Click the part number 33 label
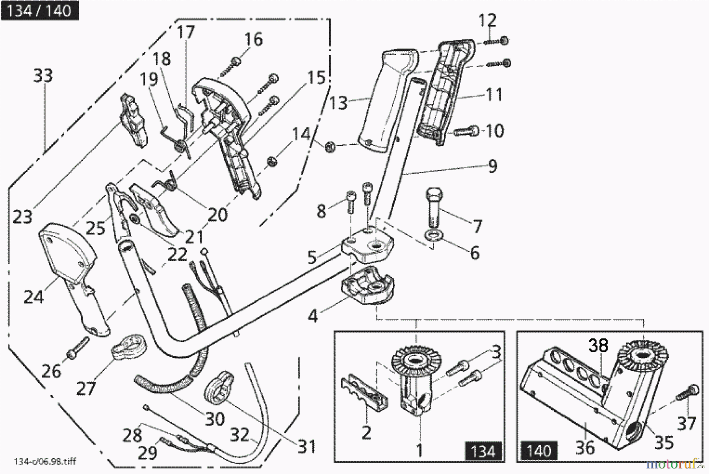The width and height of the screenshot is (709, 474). [x=43, y=75]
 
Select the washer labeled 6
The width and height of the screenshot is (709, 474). [x=434, y=236]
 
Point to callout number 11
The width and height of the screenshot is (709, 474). [x=494, y=95]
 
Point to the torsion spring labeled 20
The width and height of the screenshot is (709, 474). [x=168, y=182]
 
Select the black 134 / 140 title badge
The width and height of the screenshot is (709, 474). [x=40, y=11]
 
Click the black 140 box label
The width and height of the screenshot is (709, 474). [x=539, y=450]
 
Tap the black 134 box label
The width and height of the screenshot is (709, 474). [x=483, y=450]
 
